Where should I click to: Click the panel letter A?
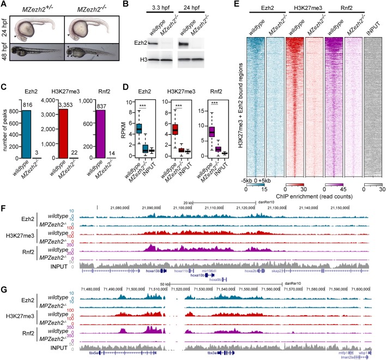[4, 5]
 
